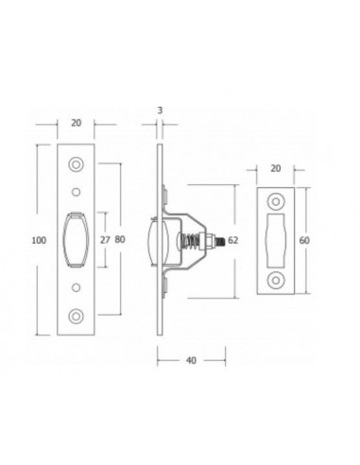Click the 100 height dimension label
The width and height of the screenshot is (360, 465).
click(39, 241)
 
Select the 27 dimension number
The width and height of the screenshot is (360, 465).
click(106, 241)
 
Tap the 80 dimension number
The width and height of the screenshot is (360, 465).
click(122, 241)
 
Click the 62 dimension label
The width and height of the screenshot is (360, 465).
click(233, 240)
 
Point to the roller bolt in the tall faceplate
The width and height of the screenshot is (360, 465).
click(77, 240)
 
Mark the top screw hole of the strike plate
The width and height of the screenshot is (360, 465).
click(277, 201)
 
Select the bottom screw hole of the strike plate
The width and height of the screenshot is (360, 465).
click(277, 280)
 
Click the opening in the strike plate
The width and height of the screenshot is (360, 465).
click(277, 240)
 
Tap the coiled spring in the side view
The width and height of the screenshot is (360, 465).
click(193, 240)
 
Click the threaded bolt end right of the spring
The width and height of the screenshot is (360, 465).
click(219, 240)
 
